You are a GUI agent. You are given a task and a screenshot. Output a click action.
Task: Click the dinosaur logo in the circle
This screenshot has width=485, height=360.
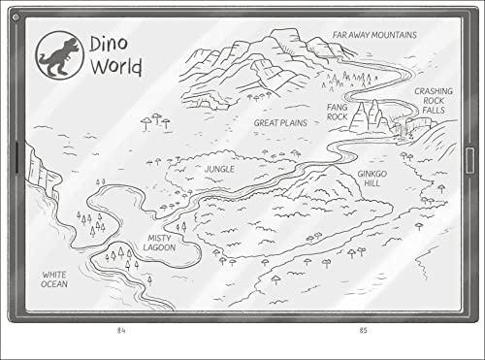coord(58,53)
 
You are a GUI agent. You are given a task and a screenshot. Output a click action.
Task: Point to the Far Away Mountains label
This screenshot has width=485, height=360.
coord(374,35)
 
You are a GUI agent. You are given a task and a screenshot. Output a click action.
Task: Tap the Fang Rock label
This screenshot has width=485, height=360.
coord(337,112)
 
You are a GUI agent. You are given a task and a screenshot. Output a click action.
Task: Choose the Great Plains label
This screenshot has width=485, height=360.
coord(280,123)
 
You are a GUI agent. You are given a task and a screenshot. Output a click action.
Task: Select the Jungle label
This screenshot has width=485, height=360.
coord(219,168)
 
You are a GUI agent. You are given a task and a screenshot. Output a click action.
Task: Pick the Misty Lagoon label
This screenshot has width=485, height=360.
coord(160,243)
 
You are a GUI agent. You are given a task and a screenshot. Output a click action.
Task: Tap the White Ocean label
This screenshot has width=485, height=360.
coord(54,280)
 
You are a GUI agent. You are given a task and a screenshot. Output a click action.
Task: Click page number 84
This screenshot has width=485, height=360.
coord(121,331)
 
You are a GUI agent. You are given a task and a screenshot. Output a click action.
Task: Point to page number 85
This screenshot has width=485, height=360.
coord(363,331)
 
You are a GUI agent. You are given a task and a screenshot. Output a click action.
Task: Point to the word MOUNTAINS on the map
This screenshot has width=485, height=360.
coord(395,35)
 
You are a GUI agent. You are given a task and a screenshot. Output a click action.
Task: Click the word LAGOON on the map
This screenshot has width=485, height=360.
coord(160,247)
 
